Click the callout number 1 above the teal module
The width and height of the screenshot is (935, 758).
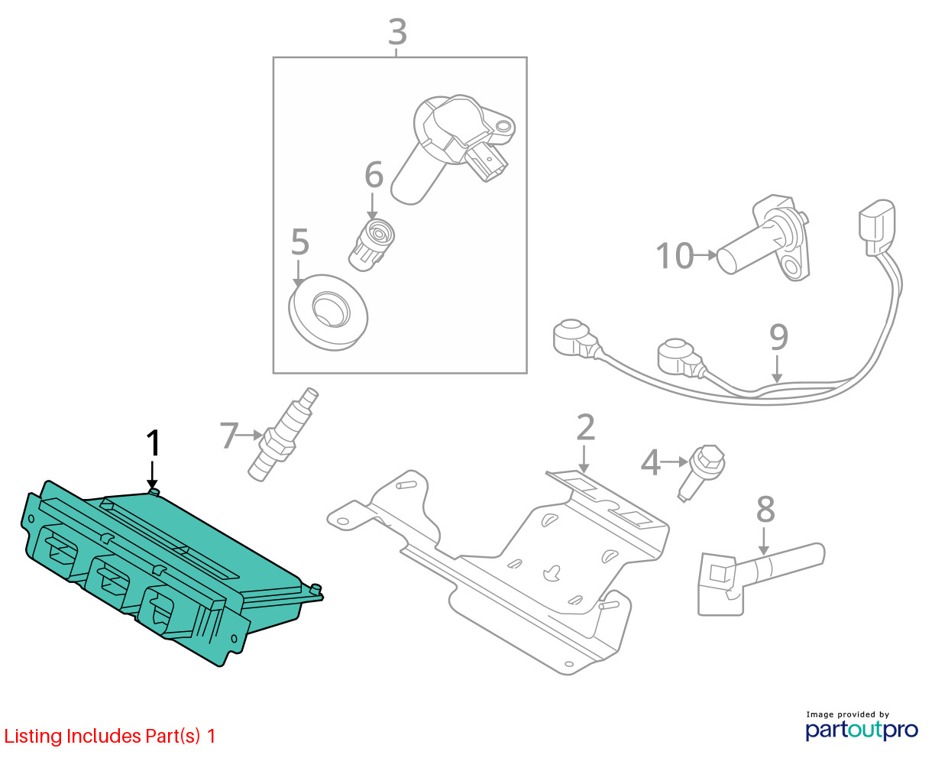click(x=154, y=443)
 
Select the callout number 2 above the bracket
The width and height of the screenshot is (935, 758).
click(x=584, y=428)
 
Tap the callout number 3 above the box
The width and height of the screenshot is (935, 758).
click(x=397, y=32)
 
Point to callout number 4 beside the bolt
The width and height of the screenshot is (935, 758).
click(x=650, y=462)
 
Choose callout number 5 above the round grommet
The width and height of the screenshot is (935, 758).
click(x=300, y=243)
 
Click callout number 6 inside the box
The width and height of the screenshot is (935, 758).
click(x=373, y=175)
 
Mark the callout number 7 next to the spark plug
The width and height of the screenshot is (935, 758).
click(x=229, y=436)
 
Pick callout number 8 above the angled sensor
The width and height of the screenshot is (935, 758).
click(x=765, y=510)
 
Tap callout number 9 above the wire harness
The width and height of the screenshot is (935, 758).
click(x=778, y=337)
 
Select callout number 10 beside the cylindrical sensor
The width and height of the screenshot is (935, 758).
click(x=675, y=256)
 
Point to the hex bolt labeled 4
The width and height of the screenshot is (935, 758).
click(x=703, y=467)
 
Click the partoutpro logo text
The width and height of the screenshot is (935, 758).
click(x=861, y=730)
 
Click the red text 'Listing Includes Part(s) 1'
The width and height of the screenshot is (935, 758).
click(x=110, y=737)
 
